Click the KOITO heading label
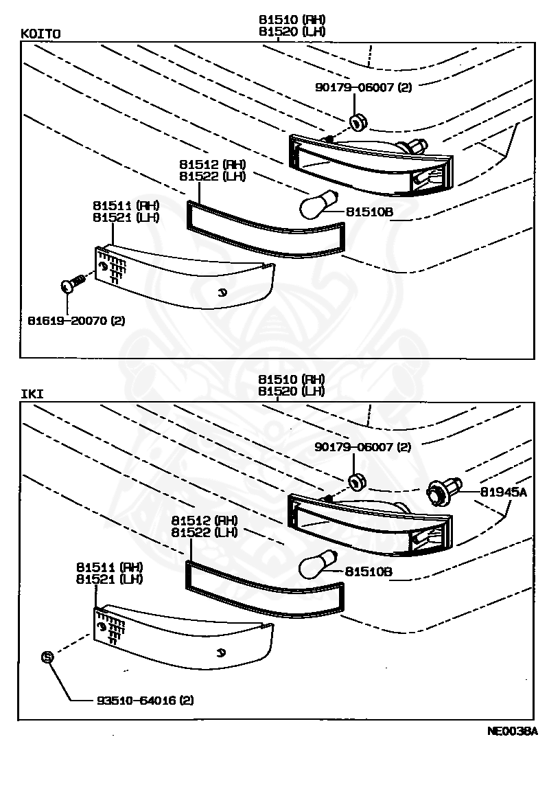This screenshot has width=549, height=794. pos(39,33)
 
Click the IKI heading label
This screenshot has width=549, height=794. pos(32,394)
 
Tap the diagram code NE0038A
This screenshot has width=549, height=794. pos(512,731)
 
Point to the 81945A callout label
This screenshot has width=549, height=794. pos(504,492)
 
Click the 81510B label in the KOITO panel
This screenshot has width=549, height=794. pos(369,212)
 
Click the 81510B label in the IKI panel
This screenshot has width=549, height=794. pos(369,571)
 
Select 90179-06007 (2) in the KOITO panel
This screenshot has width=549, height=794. pos(363,87)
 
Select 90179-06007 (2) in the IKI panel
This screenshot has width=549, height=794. pos(363,447)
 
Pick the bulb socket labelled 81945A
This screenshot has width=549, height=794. pos(439,492)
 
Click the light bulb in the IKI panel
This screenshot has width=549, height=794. pos(316,566)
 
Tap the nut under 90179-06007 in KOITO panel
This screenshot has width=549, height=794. pos(358,123)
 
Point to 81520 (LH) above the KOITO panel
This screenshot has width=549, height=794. pos(292,31)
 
